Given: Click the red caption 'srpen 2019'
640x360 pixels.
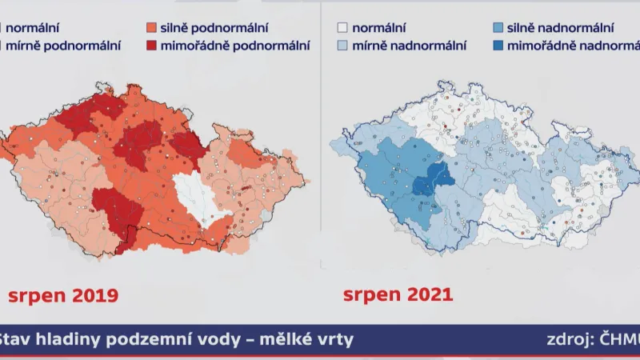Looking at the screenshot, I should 62,295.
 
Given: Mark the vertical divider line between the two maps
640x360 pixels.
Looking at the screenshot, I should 320,160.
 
